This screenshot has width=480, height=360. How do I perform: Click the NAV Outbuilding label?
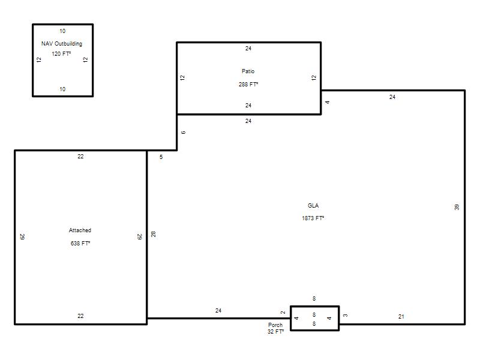(x=62, y=43)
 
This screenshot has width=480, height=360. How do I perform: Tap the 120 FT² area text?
(x=61, y=53)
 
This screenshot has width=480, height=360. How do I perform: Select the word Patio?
(x=248, y=71)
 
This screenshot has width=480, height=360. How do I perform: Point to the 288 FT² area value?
(x=248, y=84)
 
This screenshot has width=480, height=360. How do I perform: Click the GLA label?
(x=313, y=205)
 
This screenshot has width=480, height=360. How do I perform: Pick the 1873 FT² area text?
(x=313, y=218)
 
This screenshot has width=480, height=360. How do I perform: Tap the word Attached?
(x=80, y=230)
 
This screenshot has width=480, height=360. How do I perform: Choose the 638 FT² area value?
(x=80, y=243)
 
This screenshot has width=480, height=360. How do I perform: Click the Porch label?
(x=275, y=325)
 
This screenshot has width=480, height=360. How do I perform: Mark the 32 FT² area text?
(x=275, y=332)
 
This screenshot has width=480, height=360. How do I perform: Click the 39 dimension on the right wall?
(x=457, y=207)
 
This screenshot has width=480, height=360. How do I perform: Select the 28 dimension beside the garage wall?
(x=154, y=234)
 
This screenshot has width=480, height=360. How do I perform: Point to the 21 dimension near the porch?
(x=401, y=317)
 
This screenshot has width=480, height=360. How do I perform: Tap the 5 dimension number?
(x=161, y=157)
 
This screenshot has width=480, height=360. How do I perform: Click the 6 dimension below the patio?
(x=183, y=133)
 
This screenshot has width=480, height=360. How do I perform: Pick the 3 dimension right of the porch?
(x=346, y=316)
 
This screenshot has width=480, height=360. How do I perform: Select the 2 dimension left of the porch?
(x=283, y=313)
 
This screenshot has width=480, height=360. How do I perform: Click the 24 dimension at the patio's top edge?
(x=248, y=49)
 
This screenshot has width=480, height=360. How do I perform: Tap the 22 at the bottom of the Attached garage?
(x=80, y=316)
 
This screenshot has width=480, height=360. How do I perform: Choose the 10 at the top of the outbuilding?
(x=62, y=31)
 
